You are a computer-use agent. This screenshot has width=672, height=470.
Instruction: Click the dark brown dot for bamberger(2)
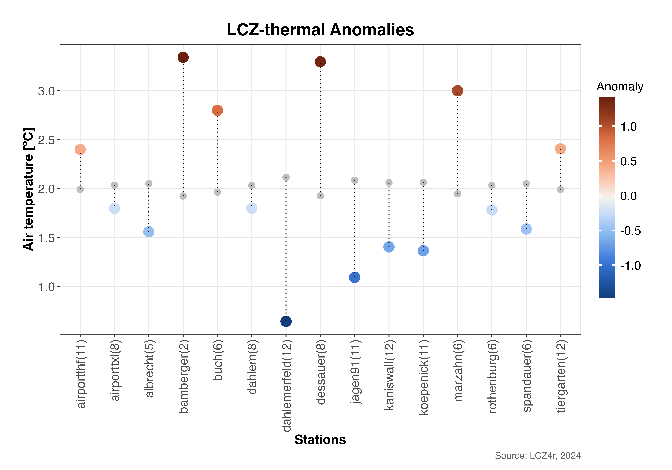tap(183, 57)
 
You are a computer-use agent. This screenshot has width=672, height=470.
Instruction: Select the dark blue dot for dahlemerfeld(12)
tap(286, 321)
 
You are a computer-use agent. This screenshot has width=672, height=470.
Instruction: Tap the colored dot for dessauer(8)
tap(320, 62)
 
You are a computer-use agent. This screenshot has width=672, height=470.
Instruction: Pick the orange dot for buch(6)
tap(217, 110)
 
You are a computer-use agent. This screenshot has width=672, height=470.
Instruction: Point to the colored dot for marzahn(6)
tap(457, 91)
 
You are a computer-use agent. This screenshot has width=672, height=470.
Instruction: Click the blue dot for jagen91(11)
tap(354, 277)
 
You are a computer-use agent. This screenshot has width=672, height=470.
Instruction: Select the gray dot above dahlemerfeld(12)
tap(286, 177)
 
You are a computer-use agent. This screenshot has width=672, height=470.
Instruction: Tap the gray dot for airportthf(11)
tap(80, 190)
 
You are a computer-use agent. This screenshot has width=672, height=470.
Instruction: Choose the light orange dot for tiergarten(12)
tap(560, 149)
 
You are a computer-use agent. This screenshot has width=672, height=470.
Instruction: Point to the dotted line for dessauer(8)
tap(320, 129)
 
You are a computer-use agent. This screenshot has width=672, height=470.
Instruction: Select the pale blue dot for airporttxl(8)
tap(114, 208)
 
